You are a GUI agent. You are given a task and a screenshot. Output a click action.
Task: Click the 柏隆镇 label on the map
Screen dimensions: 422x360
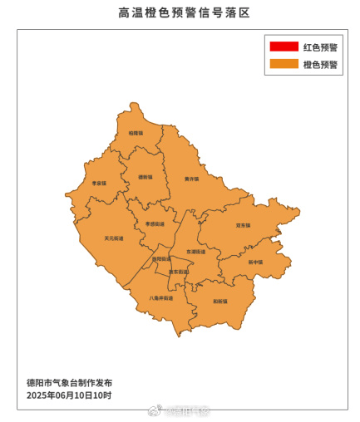[136, 133]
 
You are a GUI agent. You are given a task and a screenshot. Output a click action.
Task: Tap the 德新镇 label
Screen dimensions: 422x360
[145, 177]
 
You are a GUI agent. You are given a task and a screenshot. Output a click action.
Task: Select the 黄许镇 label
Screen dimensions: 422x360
[192, 179]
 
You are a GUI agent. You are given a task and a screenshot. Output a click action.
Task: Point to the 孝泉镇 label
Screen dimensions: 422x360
[99, 183]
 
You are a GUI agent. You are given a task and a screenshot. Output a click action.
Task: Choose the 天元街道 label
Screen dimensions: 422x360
[114, 238]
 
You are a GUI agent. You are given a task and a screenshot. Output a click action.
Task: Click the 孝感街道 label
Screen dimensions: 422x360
[155, 223]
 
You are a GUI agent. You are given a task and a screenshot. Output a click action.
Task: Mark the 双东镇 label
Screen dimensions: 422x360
[244, 225]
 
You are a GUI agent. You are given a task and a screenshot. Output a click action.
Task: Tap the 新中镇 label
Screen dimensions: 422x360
[255, 262]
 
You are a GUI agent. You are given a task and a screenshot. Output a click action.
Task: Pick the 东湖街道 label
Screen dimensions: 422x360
[195, 252]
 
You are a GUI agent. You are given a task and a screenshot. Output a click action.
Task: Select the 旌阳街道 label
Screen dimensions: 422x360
[161, 259]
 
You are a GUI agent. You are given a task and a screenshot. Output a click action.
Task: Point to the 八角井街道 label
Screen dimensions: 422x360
[161, 297]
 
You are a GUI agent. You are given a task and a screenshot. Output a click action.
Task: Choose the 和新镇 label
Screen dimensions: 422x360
[219, 301]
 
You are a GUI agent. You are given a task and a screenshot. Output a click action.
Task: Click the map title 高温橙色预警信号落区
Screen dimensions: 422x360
[180, 12]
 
